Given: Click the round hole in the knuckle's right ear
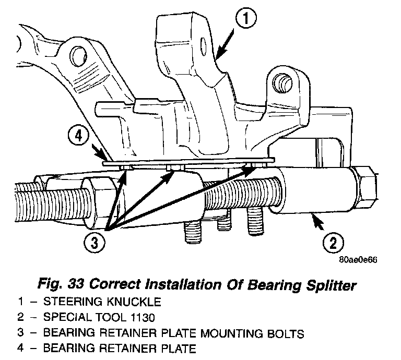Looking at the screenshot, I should tap(284, 83).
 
